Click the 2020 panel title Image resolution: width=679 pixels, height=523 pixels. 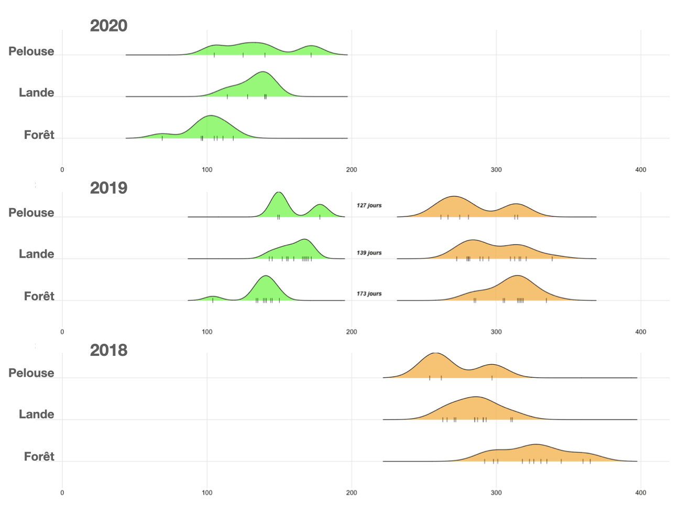[108, 26]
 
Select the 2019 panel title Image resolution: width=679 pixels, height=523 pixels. [108, 188]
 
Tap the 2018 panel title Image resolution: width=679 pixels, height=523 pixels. [108, 350]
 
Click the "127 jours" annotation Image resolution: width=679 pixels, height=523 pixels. [369, 205]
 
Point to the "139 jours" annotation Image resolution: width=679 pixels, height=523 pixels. [369, 253]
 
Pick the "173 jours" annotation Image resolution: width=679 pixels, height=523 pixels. [369, 293]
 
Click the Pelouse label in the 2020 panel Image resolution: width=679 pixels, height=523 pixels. [31, 51]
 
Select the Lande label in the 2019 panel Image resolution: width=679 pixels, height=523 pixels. [37, 254]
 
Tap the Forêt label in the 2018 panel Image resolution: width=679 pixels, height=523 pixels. [39, 457]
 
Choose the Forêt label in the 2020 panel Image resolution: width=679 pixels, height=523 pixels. [39, 135]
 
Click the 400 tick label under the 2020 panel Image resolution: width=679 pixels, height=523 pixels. [640, 170]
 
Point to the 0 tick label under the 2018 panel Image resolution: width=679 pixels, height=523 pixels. [62, 493]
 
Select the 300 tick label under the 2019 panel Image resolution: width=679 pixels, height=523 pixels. [496, 332]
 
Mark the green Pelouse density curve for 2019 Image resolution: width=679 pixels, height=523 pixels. [279, 204]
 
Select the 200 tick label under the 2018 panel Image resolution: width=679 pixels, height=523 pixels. [352, 493]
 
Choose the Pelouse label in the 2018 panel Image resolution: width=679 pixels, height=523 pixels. [31, 373]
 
